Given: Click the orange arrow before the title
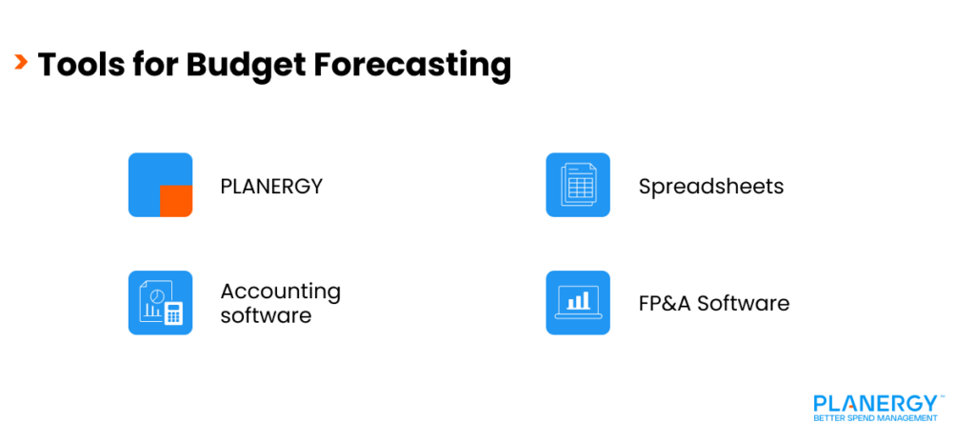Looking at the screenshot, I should (21, 64).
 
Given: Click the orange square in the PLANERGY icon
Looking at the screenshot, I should (175, 201).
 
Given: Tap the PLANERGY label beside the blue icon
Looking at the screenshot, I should (271, 186).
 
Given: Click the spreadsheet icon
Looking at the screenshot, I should (577, 185).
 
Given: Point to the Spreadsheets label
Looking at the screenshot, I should (710, 186).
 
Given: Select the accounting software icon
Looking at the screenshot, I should (160, 303).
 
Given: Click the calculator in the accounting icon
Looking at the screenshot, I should (173, 313).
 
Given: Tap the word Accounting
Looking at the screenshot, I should (280, 291).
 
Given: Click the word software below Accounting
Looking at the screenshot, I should (266, 315).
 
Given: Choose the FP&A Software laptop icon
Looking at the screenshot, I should (577, 303).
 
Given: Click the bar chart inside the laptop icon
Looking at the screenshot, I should (577, 302).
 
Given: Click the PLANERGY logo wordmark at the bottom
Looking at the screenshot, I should (875, 402).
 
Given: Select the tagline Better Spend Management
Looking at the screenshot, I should (875, 417).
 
